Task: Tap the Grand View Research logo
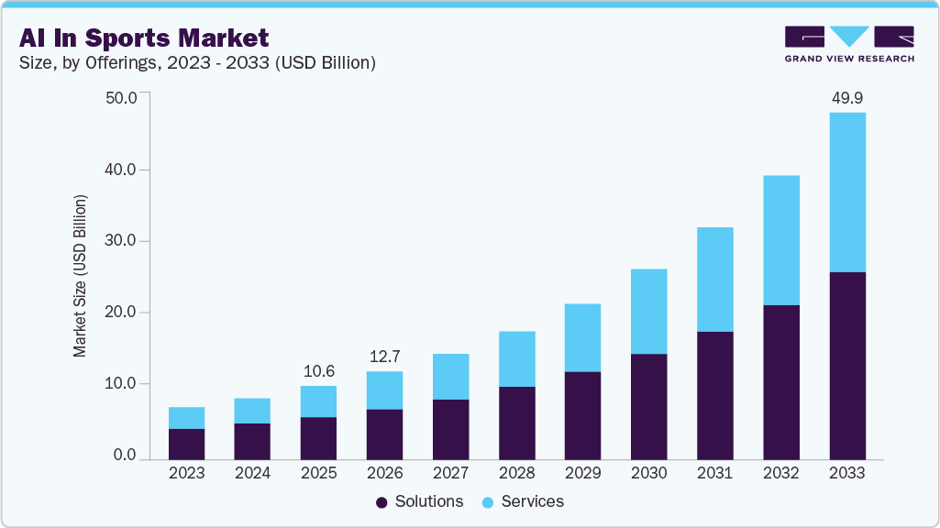click(x=849, y=44)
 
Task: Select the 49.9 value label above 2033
click(x=846, y=97)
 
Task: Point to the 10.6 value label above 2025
click(x=318, y=370)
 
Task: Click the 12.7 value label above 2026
click(x=384, y=356)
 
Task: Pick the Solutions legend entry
click(x=419, y=501)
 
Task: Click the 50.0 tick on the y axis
click(x=121, y=98)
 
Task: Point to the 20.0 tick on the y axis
click(x=121, y=313)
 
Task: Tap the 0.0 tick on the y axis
click(x=126, y=456)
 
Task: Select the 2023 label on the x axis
click(x=186, y=474)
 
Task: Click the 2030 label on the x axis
click(x=648, y=474)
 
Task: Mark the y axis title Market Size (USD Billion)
click(x=80, y=276)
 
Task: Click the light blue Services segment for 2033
click(x=846, y=192)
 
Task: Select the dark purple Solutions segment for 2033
click(x=846, y=366)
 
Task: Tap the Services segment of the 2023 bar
click(x=186, y=418)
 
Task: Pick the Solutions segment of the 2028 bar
click(x=516, y=423)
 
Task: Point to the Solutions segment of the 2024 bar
click(x=252, y=441)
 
